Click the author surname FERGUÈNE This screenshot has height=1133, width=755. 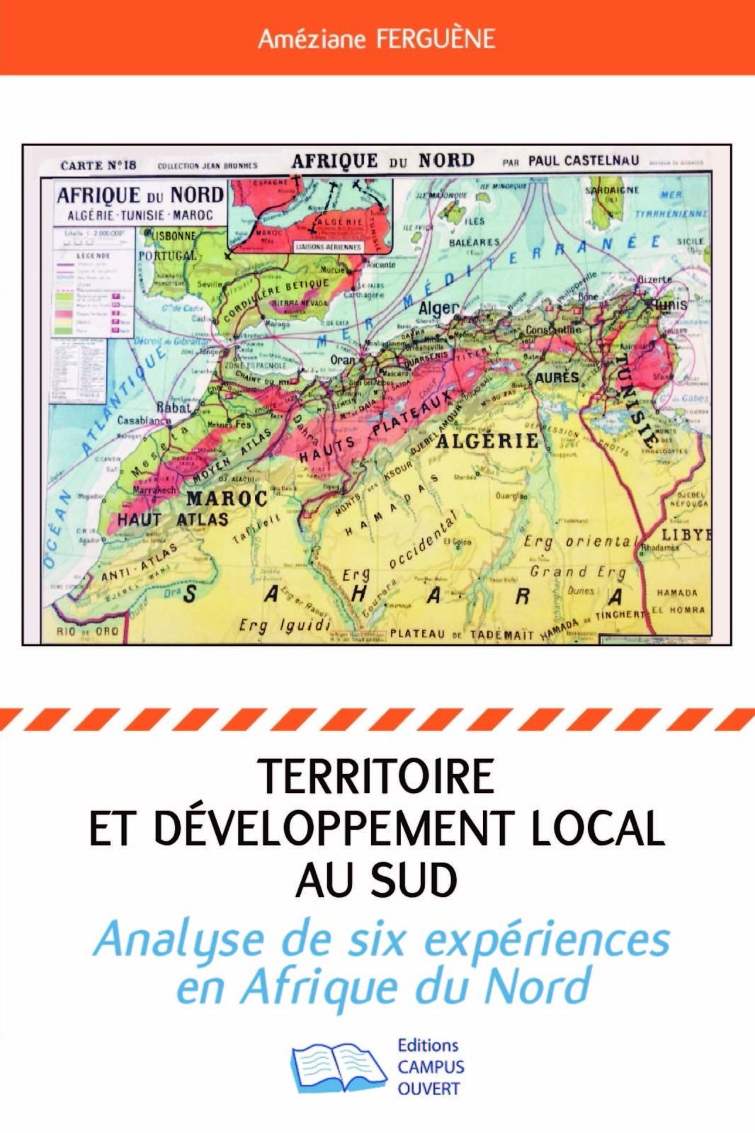pyautogui.click(x=435, y=38)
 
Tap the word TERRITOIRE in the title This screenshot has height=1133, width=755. pyautogui.click(x=376, y=776)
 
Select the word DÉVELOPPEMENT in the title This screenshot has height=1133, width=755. pyautogui.click(x=334, y=828)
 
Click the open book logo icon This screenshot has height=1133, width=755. pyautogui.click(x=338, y=1066)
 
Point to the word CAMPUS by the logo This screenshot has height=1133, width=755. pyautogui.click(x=431, y=1067)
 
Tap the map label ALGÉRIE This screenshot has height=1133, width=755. pyautogui.click(x=487, y=440)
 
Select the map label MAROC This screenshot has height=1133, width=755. pyautogui.click(x=226, y=498)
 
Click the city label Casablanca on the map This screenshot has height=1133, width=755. pyautogui.click(x=144, y=420)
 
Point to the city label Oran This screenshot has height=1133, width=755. pyautogui.click(x=343, y=360)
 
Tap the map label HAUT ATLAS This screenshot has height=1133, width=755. pyautogui.click(x=173, y=519)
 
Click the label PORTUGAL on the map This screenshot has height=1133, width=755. pyautogui.click(x=167, y=255)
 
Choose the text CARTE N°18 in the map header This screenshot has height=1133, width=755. pyautogui.click(x=98, y=165)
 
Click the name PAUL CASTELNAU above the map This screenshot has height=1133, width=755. pyautogui.click(x=583, y=161)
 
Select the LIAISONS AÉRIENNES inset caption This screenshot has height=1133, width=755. pyautogui.click(x=328, y=247)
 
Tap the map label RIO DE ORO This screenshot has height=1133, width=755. pyautogui.click(x=88, y=631)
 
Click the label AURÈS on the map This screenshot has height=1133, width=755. pyautogui.click(x=557, y=377)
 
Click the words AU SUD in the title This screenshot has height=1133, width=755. pyautogui.click(x=376, y=879)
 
